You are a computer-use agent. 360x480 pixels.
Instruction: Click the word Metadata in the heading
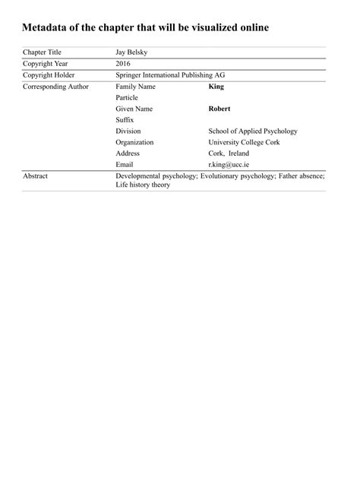(49, 28)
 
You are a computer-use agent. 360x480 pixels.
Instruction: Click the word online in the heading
(249, 28)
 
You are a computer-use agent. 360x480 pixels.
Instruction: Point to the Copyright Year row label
(46, 64)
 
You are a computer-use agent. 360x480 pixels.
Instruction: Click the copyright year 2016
(123, 64)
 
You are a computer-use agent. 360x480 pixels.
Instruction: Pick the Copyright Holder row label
(49, 75)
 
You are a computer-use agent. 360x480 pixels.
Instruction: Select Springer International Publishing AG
(170, 75)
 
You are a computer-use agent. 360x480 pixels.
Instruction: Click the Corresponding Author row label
(55, 87)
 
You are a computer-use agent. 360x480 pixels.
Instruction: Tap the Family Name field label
(135, 87)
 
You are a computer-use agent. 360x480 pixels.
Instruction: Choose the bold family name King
(216, 87)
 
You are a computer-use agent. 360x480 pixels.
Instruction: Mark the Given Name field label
(134, 109)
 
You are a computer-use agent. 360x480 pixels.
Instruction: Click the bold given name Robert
(219, 109)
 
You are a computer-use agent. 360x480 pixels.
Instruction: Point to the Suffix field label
(125, 120)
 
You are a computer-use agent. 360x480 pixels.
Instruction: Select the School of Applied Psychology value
(253, 131)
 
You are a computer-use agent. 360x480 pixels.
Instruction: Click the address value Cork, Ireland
(229, 153)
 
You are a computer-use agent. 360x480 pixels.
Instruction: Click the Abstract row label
(36, 176)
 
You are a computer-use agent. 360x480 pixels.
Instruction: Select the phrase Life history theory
(143, 185)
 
